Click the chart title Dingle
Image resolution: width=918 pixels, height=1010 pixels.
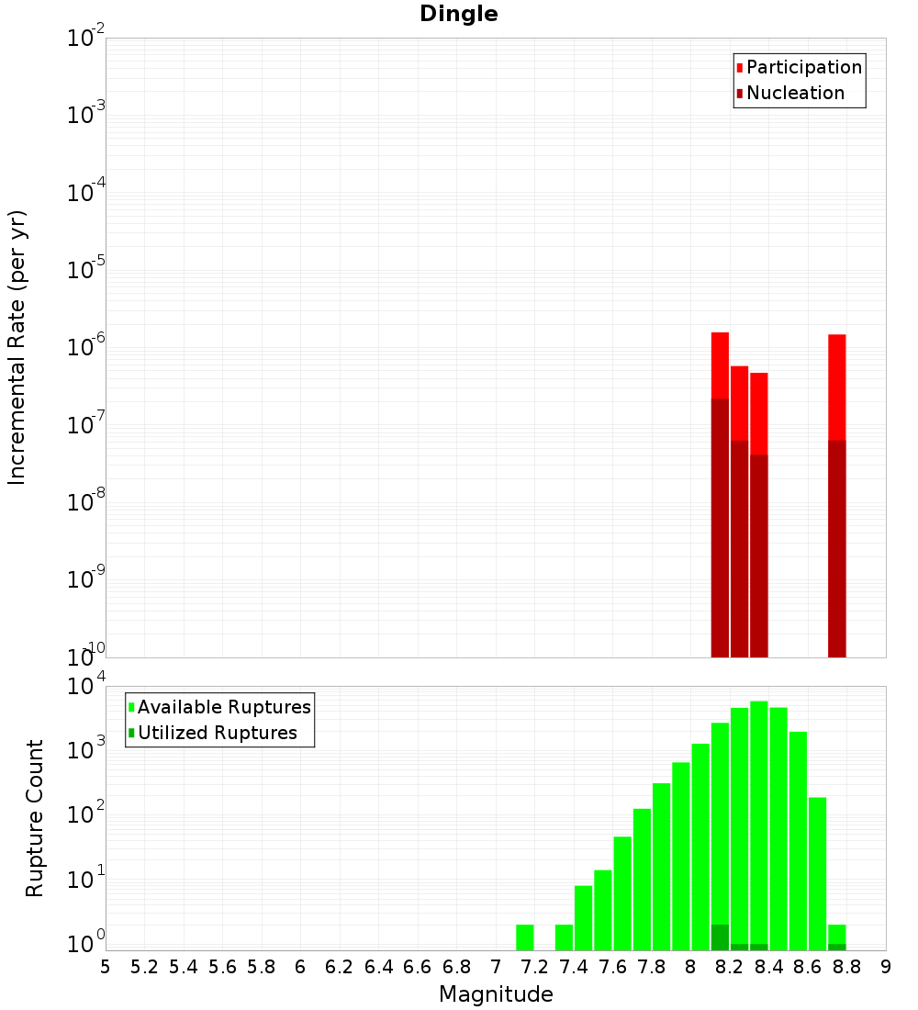click(x=459, y=14)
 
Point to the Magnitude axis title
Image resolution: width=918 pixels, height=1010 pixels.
click(x=496, y=994)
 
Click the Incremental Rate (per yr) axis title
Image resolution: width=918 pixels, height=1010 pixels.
click(x=17, y=347)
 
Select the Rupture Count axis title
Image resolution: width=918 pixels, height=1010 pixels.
click(x=35, y=817)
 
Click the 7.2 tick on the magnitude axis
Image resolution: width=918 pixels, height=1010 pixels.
click(x=534, y=967)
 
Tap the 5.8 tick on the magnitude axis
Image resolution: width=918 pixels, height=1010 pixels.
click(x=261, y=967)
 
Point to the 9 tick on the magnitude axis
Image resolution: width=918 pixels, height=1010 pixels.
click(x=886, y=967)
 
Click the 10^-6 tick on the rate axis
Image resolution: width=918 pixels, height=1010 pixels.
click(x=86, y=347)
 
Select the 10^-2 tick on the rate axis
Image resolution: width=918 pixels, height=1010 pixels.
click(x=86, y=39)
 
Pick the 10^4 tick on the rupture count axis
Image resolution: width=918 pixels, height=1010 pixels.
click(x=86, y=687)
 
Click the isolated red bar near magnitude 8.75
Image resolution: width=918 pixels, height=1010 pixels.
click(x=836, y=386)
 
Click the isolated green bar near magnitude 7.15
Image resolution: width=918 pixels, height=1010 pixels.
click(x=524, y=937)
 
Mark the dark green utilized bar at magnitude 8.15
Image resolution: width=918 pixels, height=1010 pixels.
click(x=720, y=937)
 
